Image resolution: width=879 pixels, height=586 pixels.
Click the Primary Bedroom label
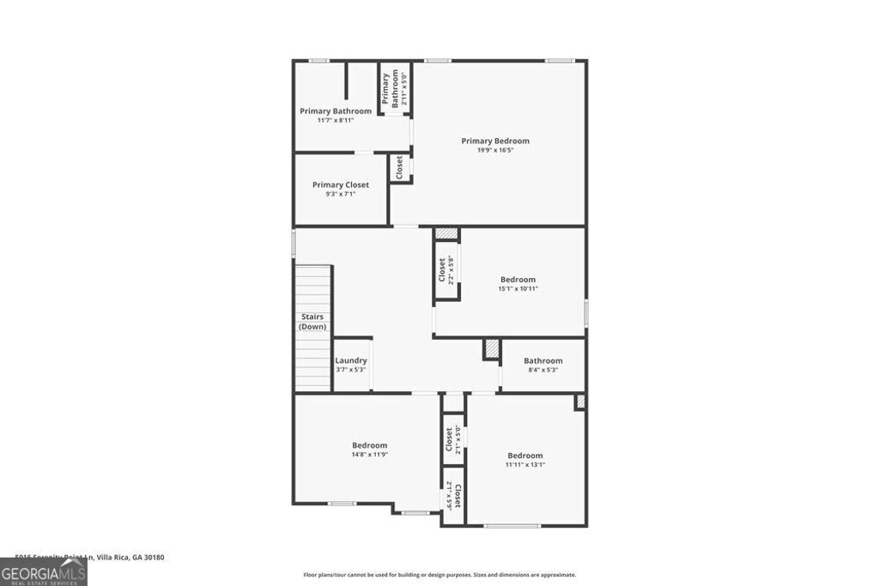tap(495, 141)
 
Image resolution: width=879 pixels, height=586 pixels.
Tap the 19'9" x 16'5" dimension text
tap(495, 150)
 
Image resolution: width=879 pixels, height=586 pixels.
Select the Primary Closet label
tap(341, 184)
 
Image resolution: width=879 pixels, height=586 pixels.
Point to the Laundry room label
tap(351, 360)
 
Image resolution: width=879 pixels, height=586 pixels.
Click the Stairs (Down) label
tap(312, 322)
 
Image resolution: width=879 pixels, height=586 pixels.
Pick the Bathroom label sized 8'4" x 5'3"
tap(543, 360)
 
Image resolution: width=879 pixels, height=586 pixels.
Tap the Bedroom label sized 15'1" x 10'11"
tap(518, 279)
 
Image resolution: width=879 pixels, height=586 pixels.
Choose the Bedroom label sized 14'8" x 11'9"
tap(369, 445)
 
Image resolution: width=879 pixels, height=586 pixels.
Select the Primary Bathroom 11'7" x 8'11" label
tap(336, 111)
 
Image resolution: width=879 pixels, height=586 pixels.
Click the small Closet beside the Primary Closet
tap(399, 166)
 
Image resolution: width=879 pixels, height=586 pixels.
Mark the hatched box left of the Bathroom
tap(491, 349)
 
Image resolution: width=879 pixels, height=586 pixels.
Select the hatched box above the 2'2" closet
tap(446, 233)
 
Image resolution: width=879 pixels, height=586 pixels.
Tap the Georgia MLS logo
tap(43, 572)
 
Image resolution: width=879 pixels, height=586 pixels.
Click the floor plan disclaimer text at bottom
tap(439, 575)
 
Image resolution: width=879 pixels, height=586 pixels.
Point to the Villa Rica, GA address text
tap(90, 557)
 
